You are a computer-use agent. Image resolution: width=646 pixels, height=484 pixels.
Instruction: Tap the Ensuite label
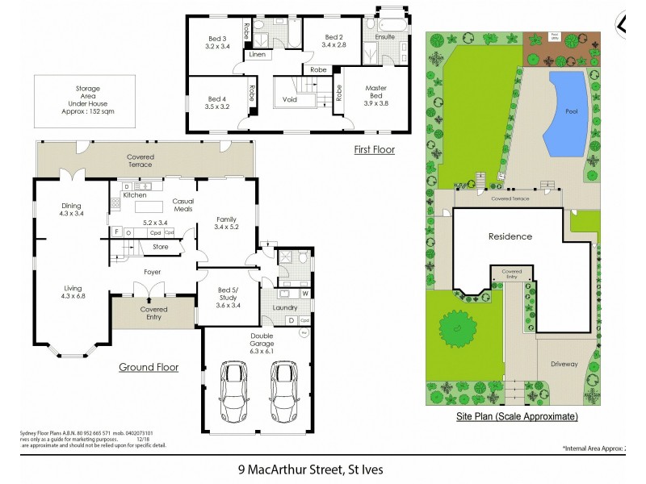[384, 36]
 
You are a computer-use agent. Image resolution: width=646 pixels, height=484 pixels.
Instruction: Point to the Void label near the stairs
[290, 100]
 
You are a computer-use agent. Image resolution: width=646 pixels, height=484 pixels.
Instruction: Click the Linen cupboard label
[257, 55]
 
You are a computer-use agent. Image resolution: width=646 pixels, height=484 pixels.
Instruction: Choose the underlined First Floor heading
[374, 149]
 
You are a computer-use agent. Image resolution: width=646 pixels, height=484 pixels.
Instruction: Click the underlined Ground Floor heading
[149, 367]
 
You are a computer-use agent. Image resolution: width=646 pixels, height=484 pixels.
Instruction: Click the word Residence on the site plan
[510, 236]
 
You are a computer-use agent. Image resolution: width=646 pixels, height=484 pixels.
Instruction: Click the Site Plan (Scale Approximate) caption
[516, 416]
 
